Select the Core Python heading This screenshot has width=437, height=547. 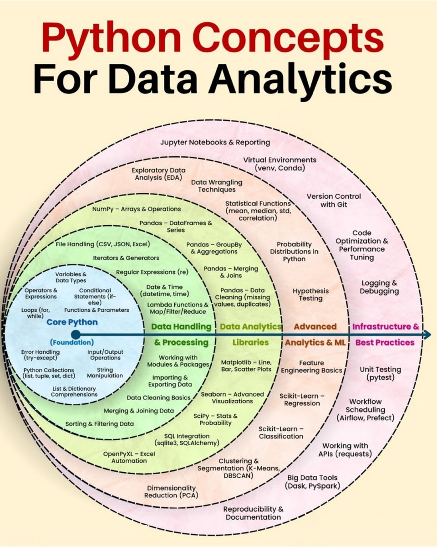72,322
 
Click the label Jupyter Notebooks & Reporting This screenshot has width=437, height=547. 215,142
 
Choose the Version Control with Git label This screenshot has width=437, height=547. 334,201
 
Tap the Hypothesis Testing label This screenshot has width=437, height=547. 311,294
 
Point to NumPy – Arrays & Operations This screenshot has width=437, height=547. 137,209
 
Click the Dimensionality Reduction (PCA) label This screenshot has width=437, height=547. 171,491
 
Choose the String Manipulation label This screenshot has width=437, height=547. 105,372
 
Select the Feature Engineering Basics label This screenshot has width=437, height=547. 312,366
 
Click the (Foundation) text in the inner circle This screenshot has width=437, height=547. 72,342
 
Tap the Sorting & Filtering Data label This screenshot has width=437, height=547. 100,423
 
